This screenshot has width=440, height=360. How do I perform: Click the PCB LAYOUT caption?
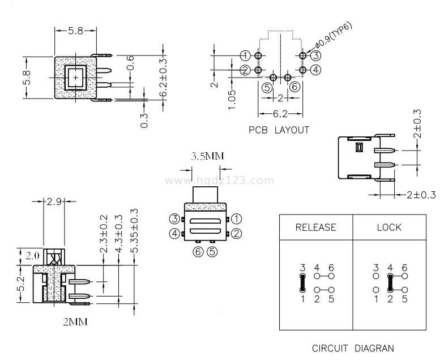[x=279, y=130]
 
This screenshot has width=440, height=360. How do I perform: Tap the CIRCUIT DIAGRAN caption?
[x=353, y=348]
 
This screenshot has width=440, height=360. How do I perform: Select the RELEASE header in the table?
[x=315, y=228]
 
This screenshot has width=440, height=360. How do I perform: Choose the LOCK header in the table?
[x=389, y=228]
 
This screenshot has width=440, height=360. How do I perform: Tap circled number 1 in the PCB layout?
[x=245, y=55]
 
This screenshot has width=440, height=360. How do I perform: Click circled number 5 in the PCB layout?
[x=267, y=87]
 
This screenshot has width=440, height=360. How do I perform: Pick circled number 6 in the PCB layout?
[x=294, y=87]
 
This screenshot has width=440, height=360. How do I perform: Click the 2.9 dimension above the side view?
[x=54, y=202]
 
